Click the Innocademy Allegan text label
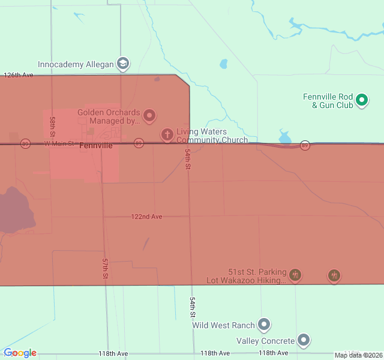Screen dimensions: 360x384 [76, 64]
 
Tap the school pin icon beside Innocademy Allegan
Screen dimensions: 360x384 [123, 64]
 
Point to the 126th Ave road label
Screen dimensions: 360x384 [19, 76]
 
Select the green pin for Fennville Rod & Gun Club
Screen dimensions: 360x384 [362, 100]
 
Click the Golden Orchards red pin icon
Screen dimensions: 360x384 [149, 115]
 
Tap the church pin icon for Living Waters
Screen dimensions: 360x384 [167, 134]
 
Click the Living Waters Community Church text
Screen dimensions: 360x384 [211, 136]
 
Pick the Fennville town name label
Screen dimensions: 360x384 [96, 146]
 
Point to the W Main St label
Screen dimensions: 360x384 [58, 144]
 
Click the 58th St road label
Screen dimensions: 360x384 [53, 125]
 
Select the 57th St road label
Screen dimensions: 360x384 [104, 268]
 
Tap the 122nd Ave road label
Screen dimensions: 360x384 [147, 217]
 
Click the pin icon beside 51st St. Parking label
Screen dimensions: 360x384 [295, 275]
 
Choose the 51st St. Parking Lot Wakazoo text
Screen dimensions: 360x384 [257, 276]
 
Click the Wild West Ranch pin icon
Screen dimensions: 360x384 [264, 325]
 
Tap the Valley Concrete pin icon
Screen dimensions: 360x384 [304, 340]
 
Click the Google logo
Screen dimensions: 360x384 [20, 353]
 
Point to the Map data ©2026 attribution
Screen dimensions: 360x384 [358, 355]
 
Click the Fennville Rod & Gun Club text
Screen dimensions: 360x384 [328, 101]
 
